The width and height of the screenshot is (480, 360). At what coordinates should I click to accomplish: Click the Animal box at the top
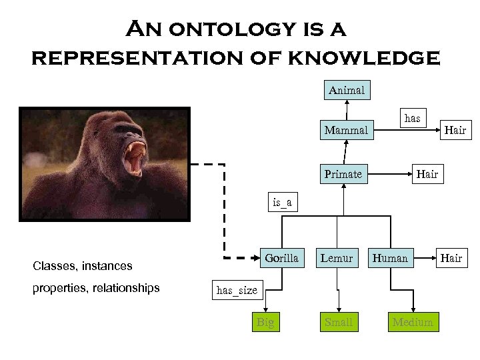pyautogui.click(x=347, y=89)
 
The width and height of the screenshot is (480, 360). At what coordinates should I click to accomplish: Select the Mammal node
pyautogui.click(x=345, y=130)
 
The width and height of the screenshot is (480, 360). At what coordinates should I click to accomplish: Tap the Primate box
pyautogui.click(x=343, y=174)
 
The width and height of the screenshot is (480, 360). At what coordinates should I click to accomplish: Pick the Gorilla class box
pyautogui.click(x=281, y=257)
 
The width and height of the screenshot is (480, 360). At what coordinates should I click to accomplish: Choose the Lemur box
pyautogui.click(x=337, y=257)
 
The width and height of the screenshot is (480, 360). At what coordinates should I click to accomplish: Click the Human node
pyautogui.click(x=390, y=257)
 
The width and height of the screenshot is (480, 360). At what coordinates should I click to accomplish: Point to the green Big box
pyautogui.click(x=265, y=323)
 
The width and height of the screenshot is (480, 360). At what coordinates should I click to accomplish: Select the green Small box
pyautogui.click(x=338, y=323)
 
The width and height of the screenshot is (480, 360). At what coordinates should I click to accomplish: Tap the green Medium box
pyautogui.click(x=413, y=323)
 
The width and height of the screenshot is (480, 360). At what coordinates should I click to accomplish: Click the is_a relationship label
pyautogui.click(x=282, y=202)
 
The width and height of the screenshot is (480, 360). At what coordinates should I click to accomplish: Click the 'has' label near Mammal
pyautogui.click(x=413, y=118)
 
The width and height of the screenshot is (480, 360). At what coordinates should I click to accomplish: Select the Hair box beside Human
pyautogui.click(x=451, y=257)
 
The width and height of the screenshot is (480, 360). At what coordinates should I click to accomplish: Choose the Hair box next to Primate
pyautogui.click(x=427, y=174)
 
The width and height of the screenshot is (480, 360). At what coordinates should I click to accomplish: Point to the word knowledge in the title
pyautogui.click(x=363, y=57)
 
